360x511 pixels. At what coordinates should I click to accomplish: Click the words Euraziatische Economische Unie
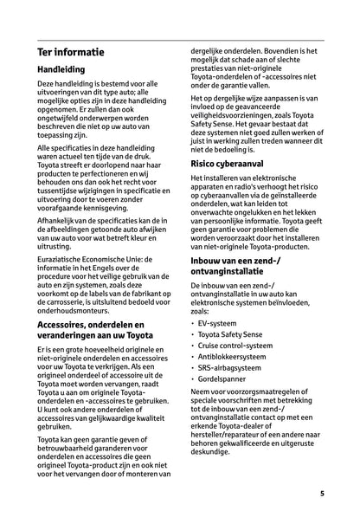tap(91, 259)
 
